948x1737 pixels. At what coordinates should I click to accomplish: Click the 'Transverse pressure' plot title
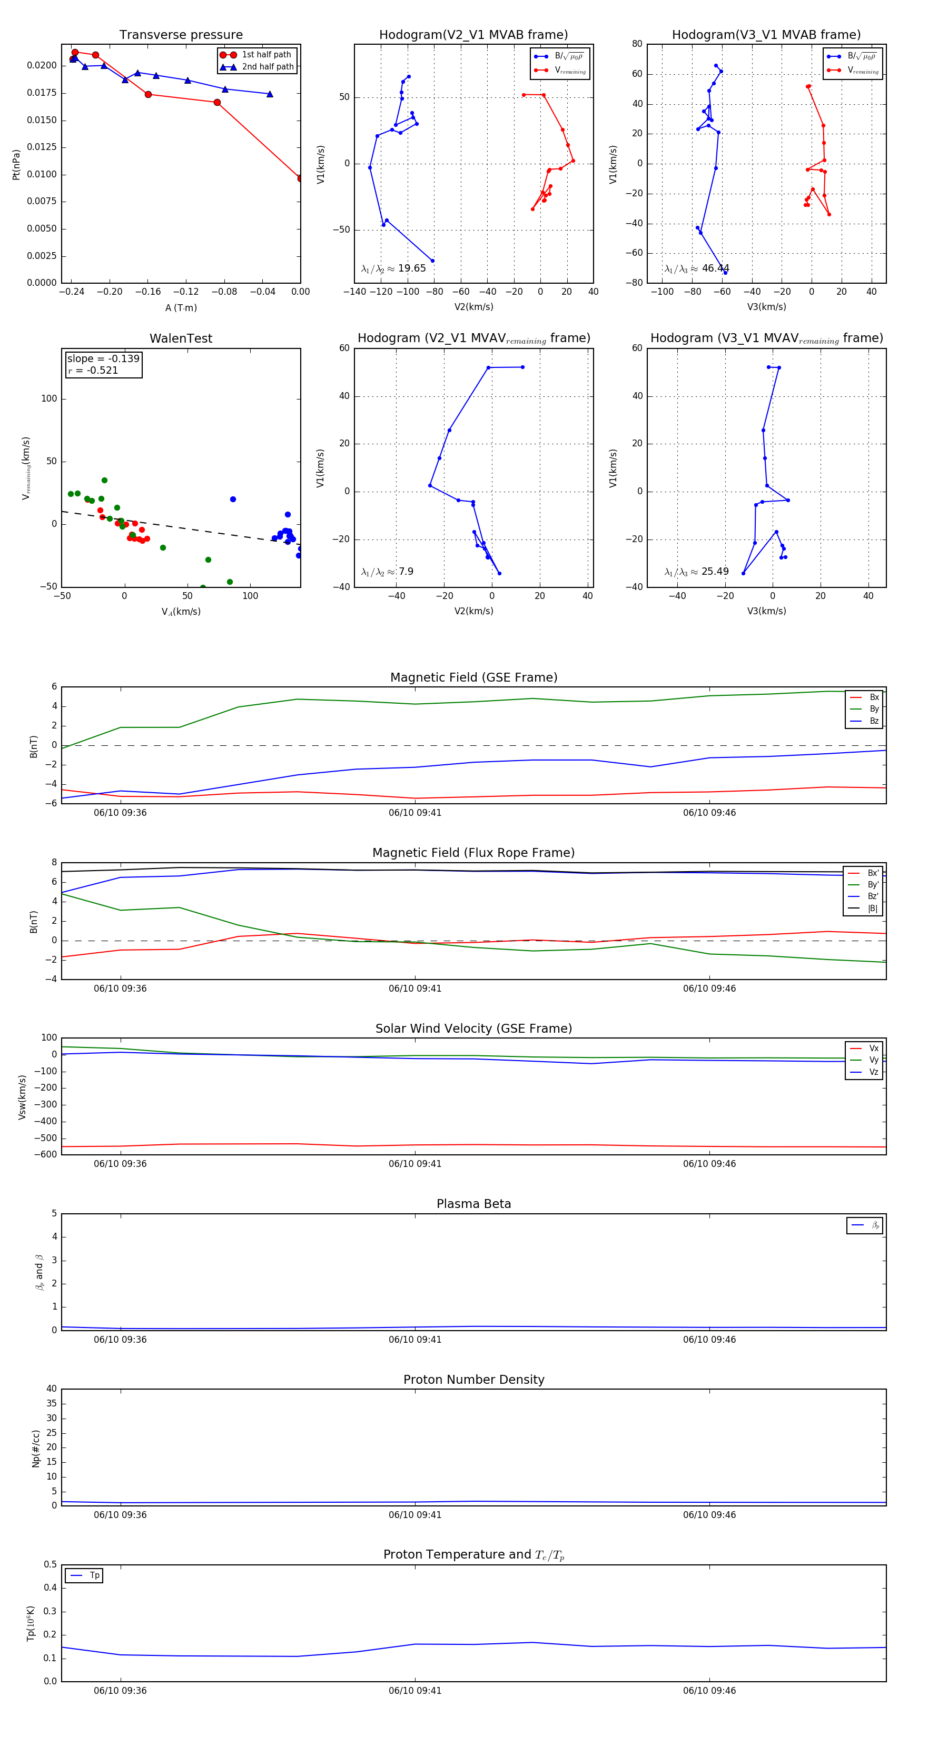181,35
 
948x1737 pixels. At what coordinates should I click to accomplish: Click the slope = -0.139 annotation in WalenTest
103,359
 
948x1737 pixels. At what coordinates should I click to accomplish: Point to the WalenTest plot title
181,338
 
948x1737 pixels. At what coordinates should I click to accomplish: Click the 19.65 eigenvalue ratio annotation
393,268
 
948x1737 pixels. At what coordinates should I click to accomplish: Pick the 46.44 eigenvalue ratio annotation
696,268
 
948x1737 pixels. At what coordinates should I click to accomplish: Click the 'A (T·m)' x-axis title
181,307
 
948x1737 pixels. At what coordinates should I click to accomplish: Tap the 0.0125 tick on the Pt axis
42,147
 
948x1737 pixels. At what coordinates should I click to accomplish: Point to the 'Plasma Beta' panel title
473,1204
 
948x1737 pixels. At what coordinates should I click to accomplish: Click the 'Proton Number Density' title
473,1380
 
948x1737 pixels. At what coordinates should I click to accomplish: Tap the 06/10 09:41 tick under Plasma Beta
415,1340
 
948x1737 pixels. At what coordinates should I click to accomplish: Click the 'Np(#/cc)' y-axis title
36,1449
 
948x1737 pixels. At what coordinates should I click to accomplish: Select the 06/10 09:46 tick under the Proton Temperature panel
709,1691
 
